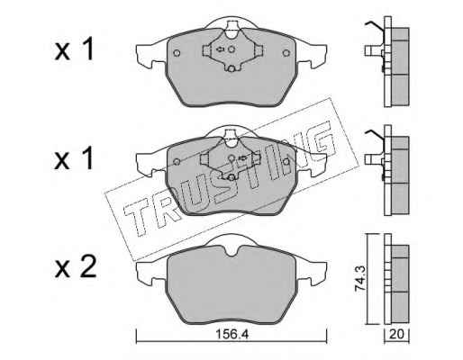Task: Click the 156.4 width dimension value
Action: click(232, 334)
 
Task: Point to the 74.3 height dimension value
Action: click(360, 279)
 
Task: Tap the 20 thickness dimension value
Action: click(396, 334)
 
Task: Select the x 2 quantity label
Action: click(76, 266)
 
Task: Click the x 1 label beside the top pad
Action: click(74, 49)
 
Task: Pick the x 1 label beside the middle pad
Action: click(74, 159)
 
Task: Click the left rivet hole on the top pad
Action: click(177, 53)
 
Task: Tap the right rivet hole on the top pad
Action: click(286, 53)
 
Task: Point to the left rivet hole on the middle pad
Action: click(177, 162)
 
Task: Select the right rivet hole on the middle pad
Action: click(286, 162)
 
